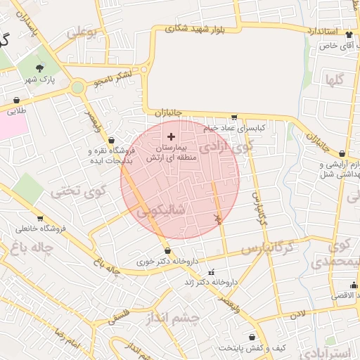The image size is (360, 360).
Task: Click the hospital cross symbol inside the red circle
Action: pyautogui.click(x=171, y=136)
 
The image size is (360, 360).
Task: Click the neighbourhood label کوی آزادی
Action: pyautogui.click(x=225, y=148)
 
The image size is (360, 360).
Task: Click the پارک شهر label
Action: pyautogui.click(x=38, y=81)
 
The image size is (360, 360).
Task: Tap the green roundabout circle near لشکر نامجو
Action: pyautogui.click(x=77, y=86)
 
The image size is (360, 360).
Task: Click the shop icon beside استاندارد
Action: pyautogui.click(x=349, y=32)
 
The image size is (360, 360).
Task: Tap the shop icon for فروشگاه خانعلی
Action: pyautogui.click(x=40, y=219)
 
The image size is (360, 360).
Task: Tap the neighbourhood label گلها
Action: pyautogui.click(x=334, y=79)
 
